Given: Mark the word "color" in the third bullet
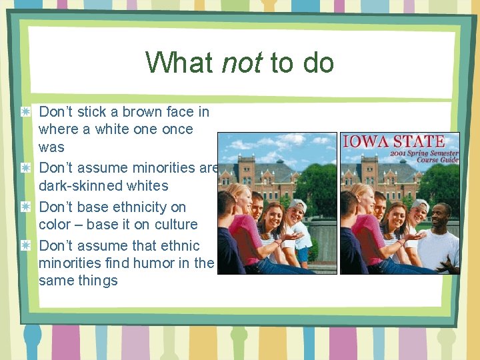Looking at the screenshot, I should coord(56,225).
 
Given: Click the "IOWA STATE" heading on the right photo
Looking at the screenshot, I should coord(393,142).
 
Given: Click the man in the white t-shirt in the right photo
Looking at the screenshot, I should coord(439,240).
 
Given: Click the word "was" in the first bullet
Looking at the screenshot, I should coord(51,147).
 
